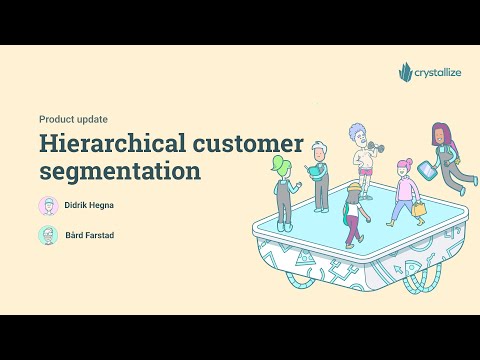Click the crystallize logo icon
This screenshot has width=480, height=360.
(x=405, y=72)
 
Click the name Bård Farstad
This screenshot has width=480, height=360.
(x=89, y=236)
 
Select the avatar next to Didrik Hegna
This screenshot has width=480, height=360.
(x=47, y=206)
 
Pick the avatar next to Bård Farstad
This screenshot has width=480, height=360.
(x=47, y=236)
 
